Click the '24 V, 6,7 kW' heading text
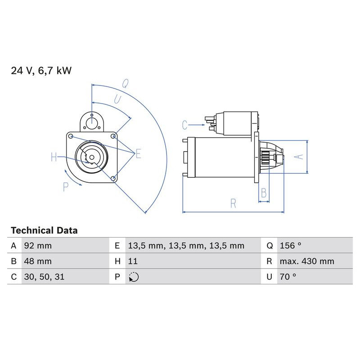pos(41,70)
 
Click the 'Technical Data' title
pos(44,230)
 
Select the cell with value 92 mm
pos(38,246)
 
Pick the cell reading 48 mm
pos(37,261)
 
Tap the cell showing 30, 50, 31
pos(44,277)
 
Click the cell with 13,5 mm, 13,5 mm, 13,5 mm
pos(186,246)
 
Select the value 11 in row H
pos(133,261)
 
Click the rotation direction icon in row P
pos(133,277)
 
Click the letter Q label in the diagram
pos(126,83)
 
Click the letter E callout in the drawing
pos(138,154)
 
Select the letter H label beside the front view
pos(54,157)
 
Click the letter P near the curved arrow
pos(66,187)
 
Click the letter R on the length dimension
pos(233,203)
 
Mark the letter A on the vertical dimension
pos(297,156)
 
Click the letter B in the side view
pos(264,193)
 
